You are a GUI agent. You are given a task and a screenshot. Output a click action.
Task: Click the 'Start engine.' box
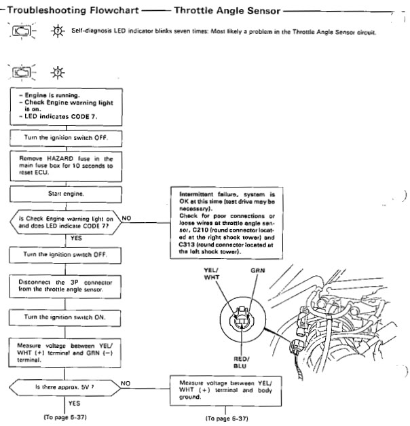(x=66, y=194)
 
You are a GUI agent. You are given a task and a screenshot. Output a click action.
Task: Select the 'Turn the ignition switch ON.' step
(x=64, y=317)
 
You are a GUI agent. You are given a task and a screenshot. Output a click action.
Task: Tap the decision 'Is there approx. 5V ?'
(x=64, y=387)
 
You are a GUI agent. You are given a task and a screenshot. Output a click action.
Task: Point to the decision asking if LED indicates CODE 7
(x=66, y=222)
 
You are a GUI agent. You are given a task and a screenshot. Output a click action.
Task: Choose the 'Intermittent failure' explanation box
(x=227, y=223)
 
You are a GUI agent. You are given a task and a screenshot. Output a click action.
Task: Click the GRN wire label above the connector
(x=258, y=270)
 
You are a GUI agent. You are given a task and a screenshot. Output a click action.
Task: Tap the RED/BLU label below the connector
(x=241, y=362)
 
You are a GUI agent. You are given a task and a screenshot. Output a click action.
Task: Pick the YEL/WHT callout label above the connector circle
(x=211, y=274)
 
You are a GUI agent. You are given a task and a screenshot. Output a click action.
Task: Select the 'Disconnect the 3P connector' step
(x=65, y=286)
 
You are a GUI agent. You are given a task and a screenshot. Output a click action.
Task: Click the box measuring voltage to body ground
(x=225, y=391)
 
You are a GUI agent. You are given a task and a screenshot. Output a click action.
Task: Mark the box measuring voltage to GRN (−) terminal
(x=65, y=353)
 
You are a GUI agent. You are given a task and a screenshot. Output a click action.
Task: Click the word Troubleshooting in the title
(x=47, y=10)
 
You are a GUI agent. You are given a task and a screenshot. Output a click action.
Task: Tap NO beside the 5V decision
(x=126, y=383)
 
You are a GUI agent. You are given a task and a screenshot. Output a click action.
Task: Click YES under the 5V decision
(x=74, y=403)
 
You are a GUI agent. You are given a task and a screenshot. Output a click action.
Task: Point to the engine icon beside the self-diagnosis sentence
(x=22, y=31)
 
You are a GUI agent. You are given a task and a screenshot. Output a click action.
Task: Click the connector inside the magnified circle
(x=242, y=318)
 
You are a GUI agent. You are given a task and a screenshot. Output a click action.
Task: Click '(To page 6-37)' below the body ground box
(x=227, y=419)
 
